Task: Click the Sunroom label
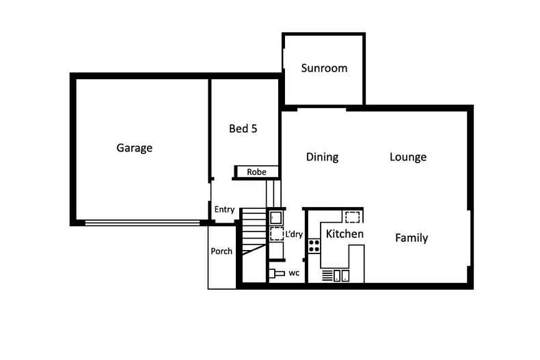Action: pos(324,68)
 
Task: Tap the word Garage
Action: pos(134,148)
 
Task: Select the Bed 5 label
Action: pos(243,128)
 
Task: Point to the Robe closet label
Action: pos(256,171)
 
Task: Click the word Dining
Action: pos(322,157)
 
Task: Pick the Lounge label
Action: pos(408,157)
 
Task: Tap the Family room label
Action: pos(411,238)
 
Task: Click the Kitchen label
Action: pos(345,234)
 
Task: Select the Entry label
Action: pos(224,210)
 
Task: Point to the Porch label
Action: pos(221,251)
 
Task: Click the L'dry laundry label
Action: pos(294,234)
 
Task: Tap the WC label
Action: pos(294,273)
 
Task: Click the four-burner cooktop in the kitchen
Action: pos(314,246)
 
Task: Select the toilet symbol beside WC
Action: pos(277,273)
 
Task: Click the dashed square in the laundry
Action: pos(277,234)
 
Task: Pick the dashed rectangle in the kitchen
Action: pos(352,217)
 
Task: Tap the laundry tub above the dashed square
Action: pos(276,218)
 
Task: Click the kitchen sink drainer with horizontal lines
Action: pos(327,276)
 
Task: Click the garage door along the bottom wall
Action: pos(142,223)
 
